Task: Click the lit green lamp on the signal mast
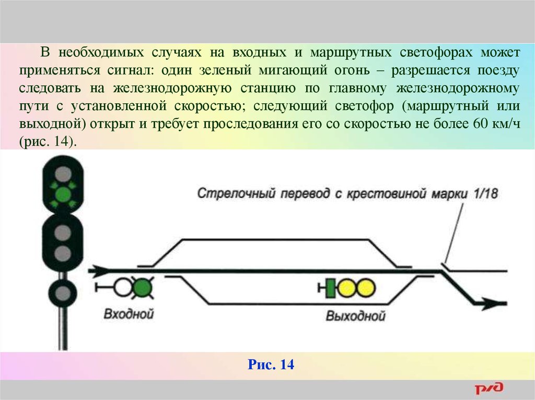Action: [63, 195]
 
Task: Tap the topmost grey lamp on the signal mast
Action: [63, 174]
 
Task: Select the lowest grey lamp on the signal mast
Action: [63, 293]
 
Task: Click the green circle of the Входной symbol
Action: [142, 288]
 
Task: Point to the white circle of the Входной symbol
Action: [123, 288]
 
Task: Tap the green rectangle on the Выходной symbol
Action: [330, 288]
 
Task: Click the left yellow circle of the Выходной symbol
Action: [347, 288]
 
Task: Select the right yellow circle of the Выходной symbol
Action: [366, 288]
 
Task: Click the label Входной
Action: [129, 314]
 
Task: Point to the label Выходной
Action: [355, 316]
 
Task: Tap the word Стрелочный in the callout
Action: [236, 193]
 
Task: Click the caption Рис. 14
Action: [271, 364]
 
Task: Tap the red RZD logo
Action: [489, 388]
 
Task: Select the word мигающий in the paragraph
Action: [293, 71]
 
